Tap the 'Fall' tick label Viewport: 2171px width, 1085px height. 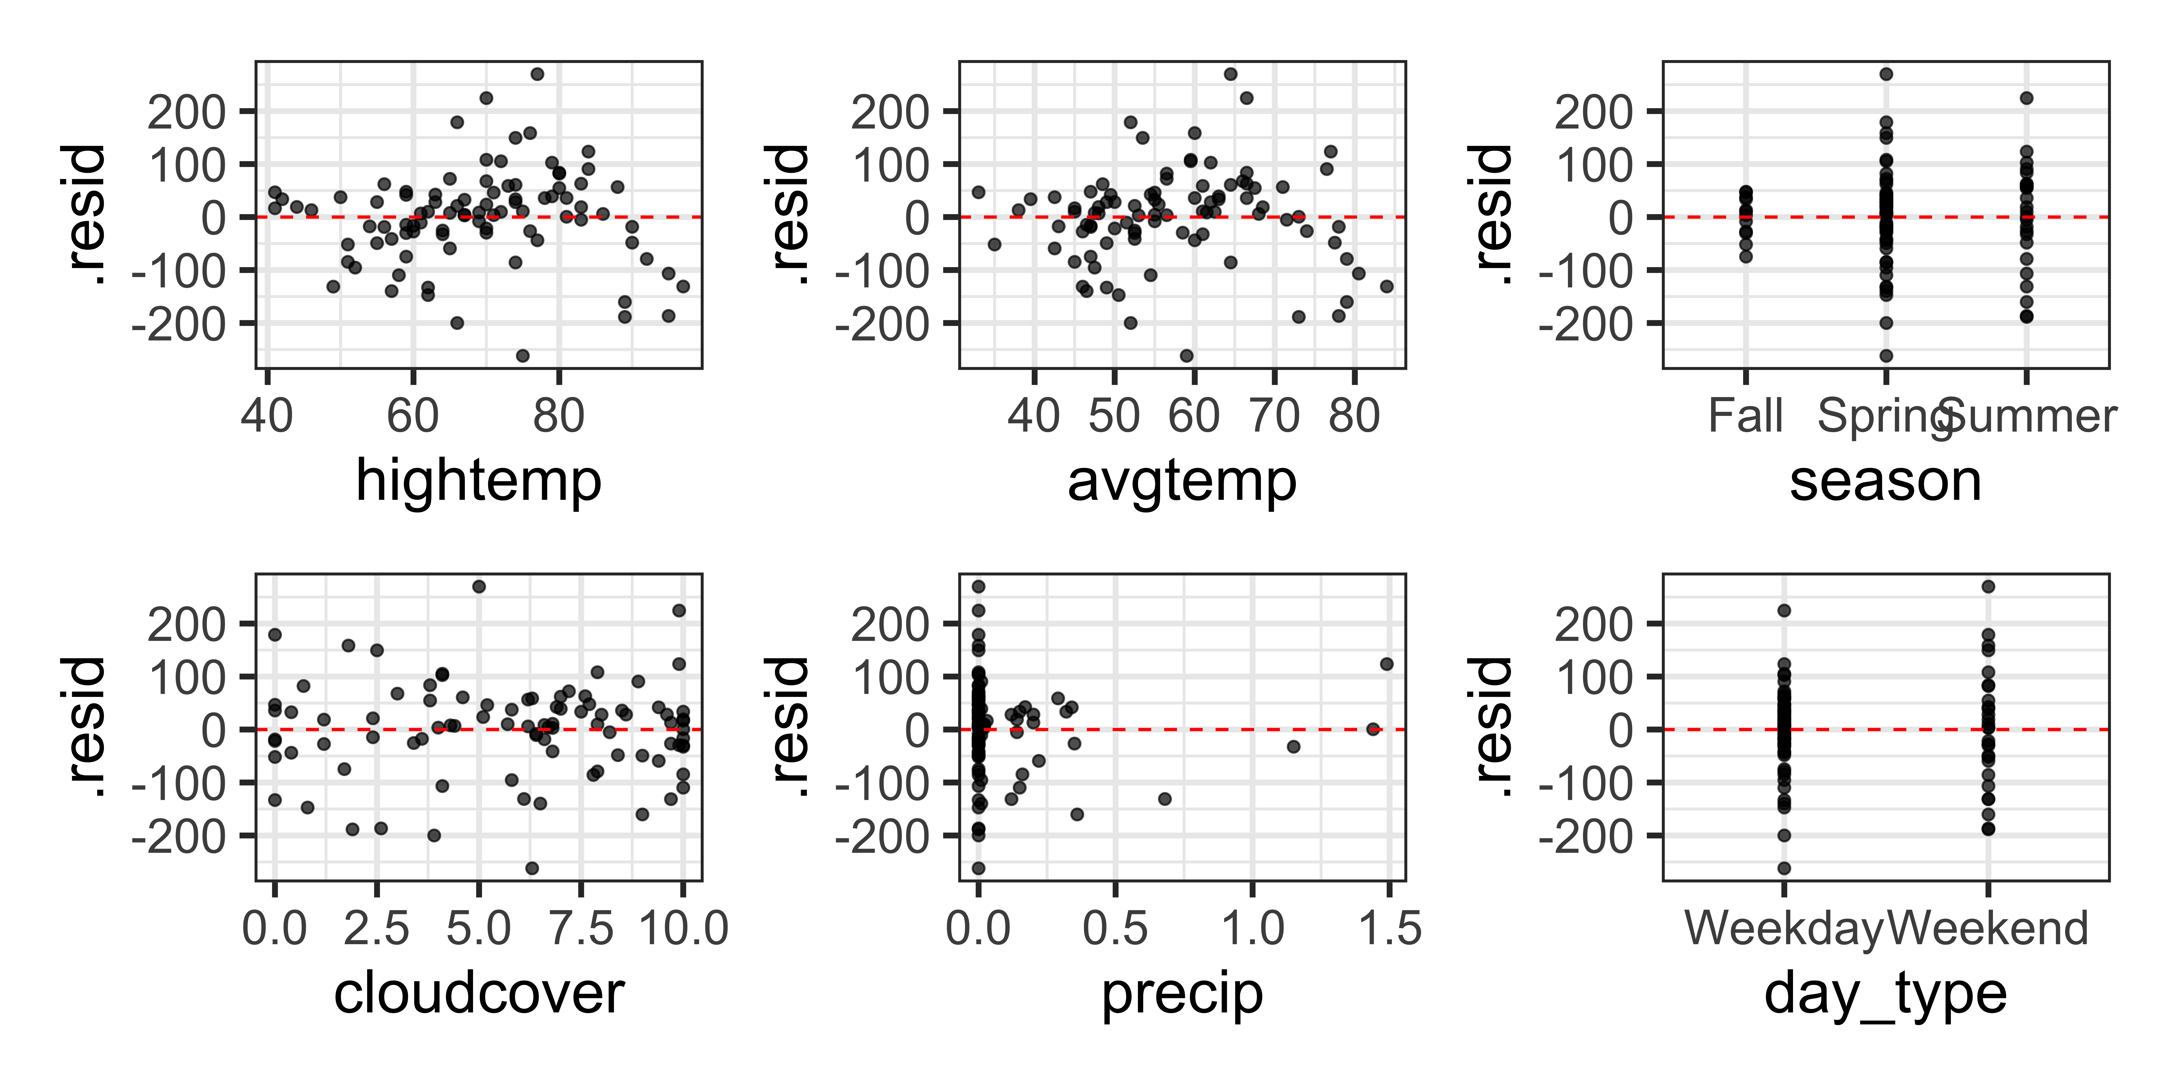tap(1745, 416)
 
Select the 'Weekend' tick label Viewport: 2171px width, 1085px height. tap(1988, 928)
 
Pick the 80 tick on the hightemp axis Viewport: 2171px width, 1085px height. tap(558, 416)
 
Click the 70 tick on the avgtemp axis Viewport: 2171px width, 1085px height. tap(1274, 416)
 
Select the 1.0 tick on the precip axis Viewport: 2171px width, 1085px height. tap(1252, 928)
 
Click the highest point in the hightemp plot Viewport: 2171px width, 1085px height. tap(537, 74)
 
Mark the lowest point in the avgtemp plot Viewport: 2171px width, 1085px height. tap(1187, 355)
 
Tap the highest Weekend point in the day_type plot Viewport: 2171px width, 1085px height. tap(1988, 586)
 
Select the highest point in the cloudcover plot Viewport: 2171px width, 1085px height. tap(479, 586)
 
